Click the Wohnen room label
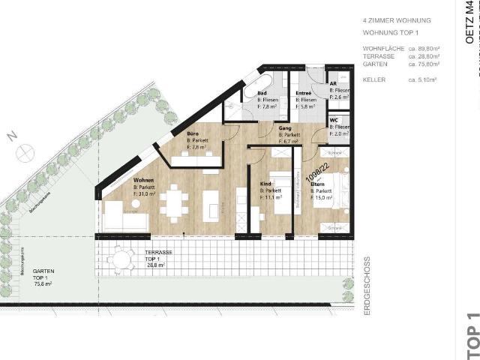[144, 181]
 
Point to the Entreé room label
[304, 93]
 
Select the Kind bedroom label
[265, 183]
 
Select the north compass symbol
[23, 149]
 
